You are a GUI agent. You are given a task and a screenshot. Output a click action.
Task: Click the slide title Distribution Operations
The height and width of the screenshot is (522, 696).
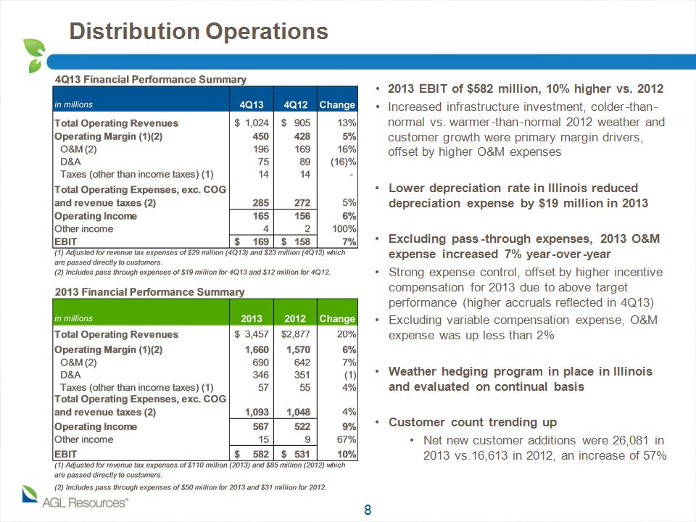[x=199, y=31]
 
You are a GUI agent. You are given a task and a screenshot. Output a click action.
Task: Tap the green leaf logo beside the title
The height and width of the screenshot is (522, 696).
[x=34, y=56]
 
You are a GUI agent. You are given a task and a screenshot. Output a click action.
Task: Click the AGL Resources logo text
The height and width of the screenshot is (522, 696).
[x=85, y=503]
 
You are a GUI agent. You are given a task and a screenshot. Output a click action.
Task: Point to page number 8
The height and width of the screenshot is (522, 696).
[x=368, y=510]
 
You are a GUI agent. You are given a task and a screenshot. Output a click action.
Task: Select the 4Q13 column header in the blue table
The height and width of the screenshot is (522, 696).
[x=252, y=104]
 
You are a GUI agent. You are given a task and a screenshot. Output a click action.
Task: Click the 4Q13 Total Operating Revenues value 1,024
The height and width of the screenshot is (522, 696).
[x=257, y=123]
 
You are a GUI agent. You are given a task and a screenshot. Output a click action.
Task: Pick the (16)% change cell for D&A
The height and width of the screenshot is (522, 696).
[x=343, y=162]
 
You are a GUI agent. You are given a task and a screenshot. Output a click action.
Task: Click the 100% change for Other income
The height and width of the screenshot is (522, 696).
[x=344, y=228]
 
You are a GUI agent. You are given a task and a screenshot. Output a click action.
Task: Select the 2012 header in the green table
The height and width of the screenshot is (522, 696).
[x=295, y=319]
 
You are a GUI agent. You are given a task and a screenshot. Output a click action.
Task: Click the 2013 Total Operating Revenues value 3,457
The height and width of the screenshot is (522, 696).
[x=257, y=333]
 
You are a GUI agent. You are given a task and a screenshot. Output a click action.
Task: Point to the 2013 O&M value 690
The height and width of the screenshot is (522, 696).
[x=260, y=362]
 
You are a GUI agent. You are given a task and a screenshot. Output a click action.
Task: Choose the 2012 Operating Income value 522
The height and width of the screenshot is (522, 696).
[x=302, y=426]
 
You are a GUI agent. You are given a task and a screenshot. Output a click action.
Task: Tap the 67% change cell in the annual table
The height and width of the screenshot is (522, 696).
[x=347, y=439]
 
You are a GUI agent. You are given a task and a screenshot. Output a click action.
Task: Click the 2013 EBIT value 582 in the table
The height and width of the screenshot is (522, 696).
[x=260, y=454]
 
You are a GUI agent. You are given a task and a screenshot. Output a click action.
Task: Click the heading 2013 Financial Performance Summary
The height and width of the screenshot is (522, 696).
[x=149, y=292]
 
